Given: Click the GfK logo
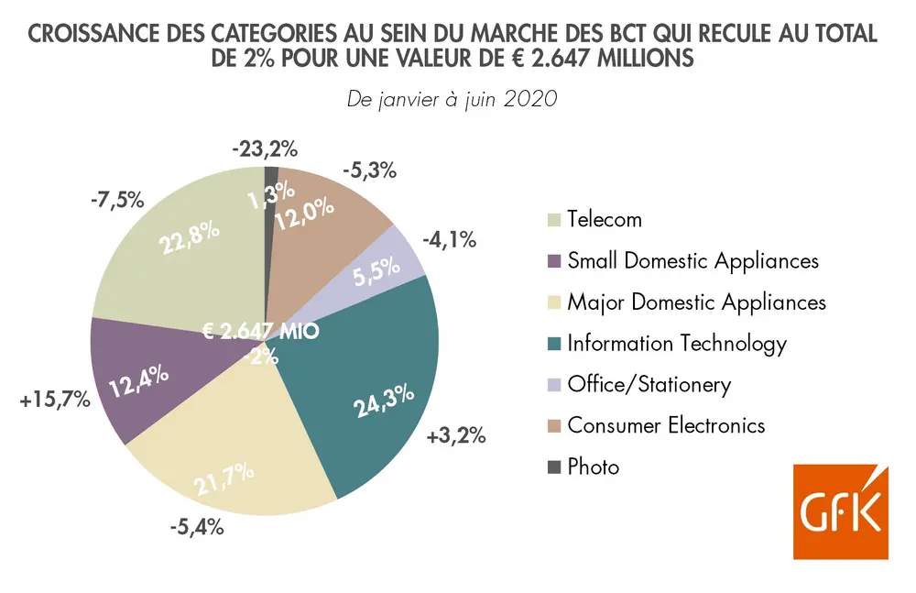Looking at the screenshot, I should [840, 512].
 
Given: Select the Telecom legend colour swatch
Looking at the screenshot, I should [551, 220].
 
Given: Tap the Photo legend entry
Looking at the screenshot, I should [593, 467].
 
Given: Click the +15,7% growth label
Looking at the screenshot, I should [53, 401].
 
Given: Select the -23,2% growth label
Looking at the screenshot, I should [266, 147].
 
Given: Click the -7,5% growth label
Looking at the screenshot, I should [118, 199].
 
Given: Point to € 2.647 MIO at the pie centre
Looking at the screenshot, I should [261, 330].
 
